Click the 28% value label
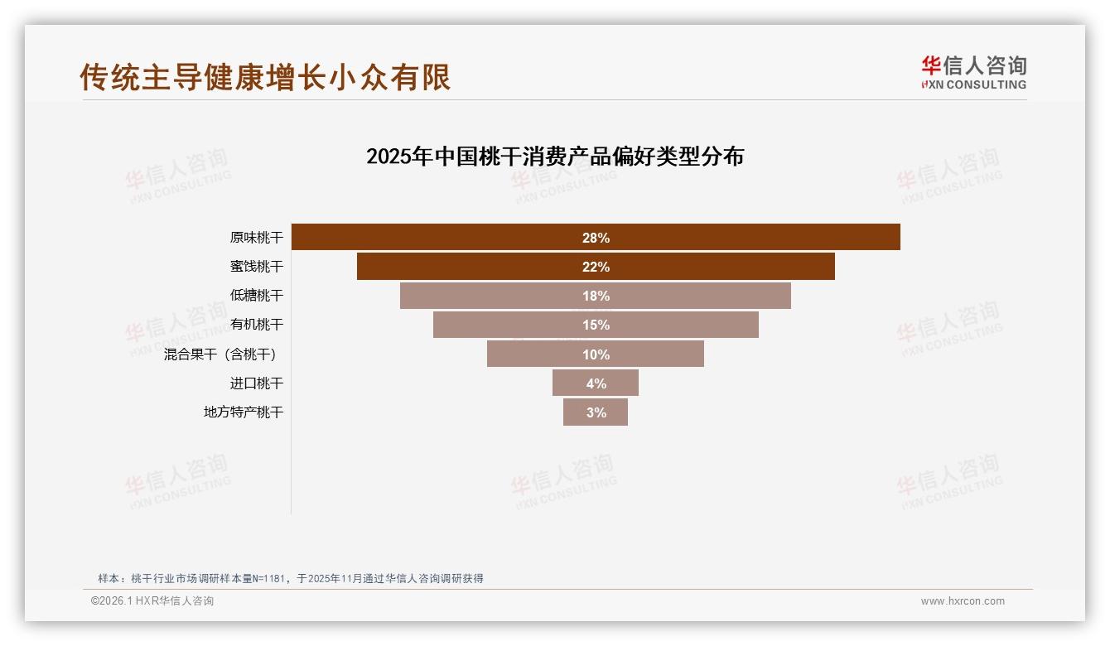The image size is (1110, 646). pyautogui.click(x=596, y=238)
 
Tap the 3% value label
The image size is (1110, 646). pyautogui.click(x=596, y=412)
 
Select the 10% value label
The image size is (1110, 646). pyautogui.click(x=596, y=354)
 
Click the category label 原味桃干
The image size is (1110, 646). pyautogui.click(x=256, y=238)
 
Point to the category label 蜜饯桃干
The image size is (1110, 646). pyautogui.click(x=256, y=267)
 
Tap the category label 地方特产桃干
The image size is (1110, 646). pyautogui.click(x=244, y=412)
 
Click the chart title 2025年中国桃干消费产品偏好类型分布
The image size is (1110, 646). pyautogui.click(x=555, y=157)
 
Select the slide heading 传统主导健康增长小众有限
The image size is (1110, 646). pyautogui.click(x=265, y=77)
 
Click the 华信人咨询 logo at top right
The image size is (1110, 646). pyautogui.click(x=973, y=72)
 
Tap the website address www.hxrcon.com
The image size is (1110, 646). pyautogui.click(x=963, y=601)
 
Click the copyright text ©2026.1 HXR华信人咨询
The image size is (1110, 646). pyautogui.click(x=152, y=601)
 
